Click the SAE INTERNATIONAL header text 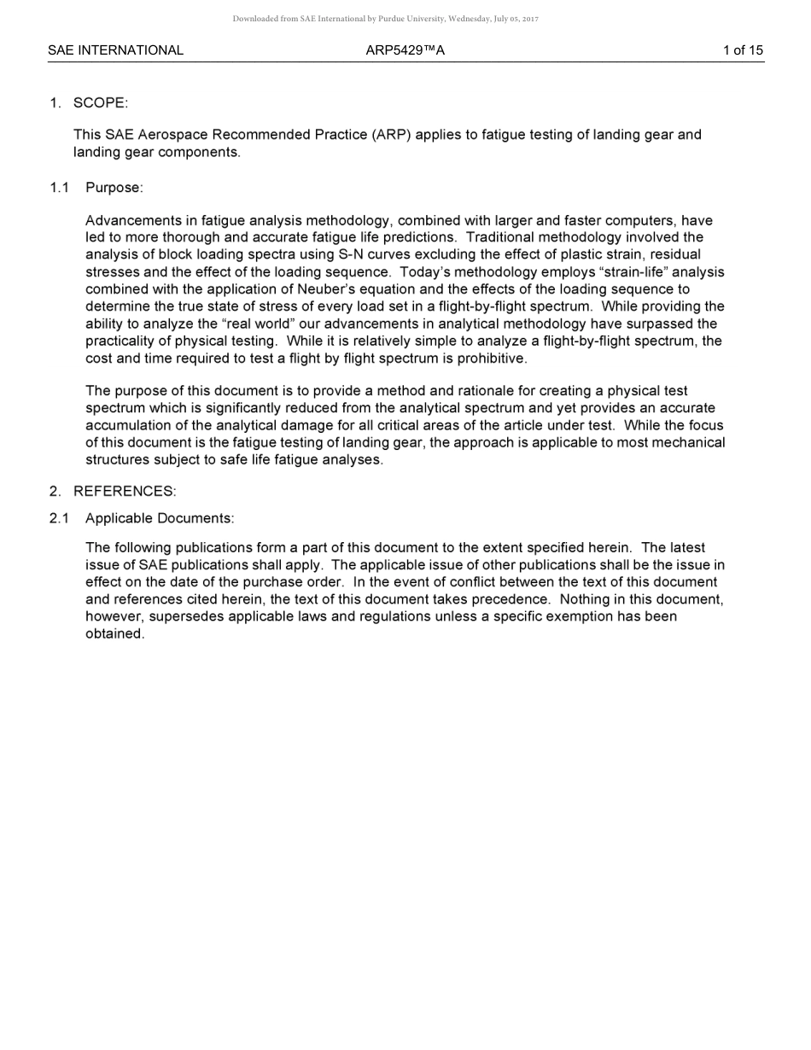pyautogui.click(x=115, y=50)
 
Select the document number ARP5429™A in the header pyautogui.click(x=405, y=50)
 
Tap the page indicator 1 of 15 pyautogui.click(x=743, y=50)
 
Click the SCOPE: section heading pyautogui.click(x=100, y=103)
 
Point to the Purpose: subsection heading pyautogui.click(x=114, y=188)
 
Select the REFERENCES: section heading pyautogui.click(x=125, y=492)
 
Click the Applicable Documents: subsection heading pyautogui.click(x=160, y=519)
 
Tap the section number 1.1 pyautogui.click(x=59, y=188)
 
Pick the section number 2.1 pyautogui.click(x=59, y=519)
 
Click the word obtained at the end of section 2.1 pyautogui.click(x=114, y=634)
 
